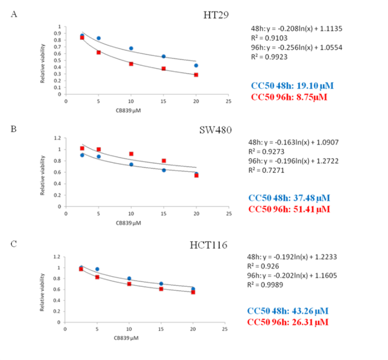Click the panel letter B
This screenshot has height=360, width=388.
(x=15, y=129)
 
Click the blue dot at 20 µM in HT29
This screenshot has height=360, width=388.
(x=196, y=65)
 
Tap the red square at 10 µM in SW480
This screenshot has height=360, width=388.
(x=131, y=154)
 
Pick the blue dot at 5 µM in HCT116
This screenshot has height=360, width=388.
(x=98, y=269)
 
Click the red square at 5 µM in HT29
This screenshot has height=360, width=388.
(x=98, y=52)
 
